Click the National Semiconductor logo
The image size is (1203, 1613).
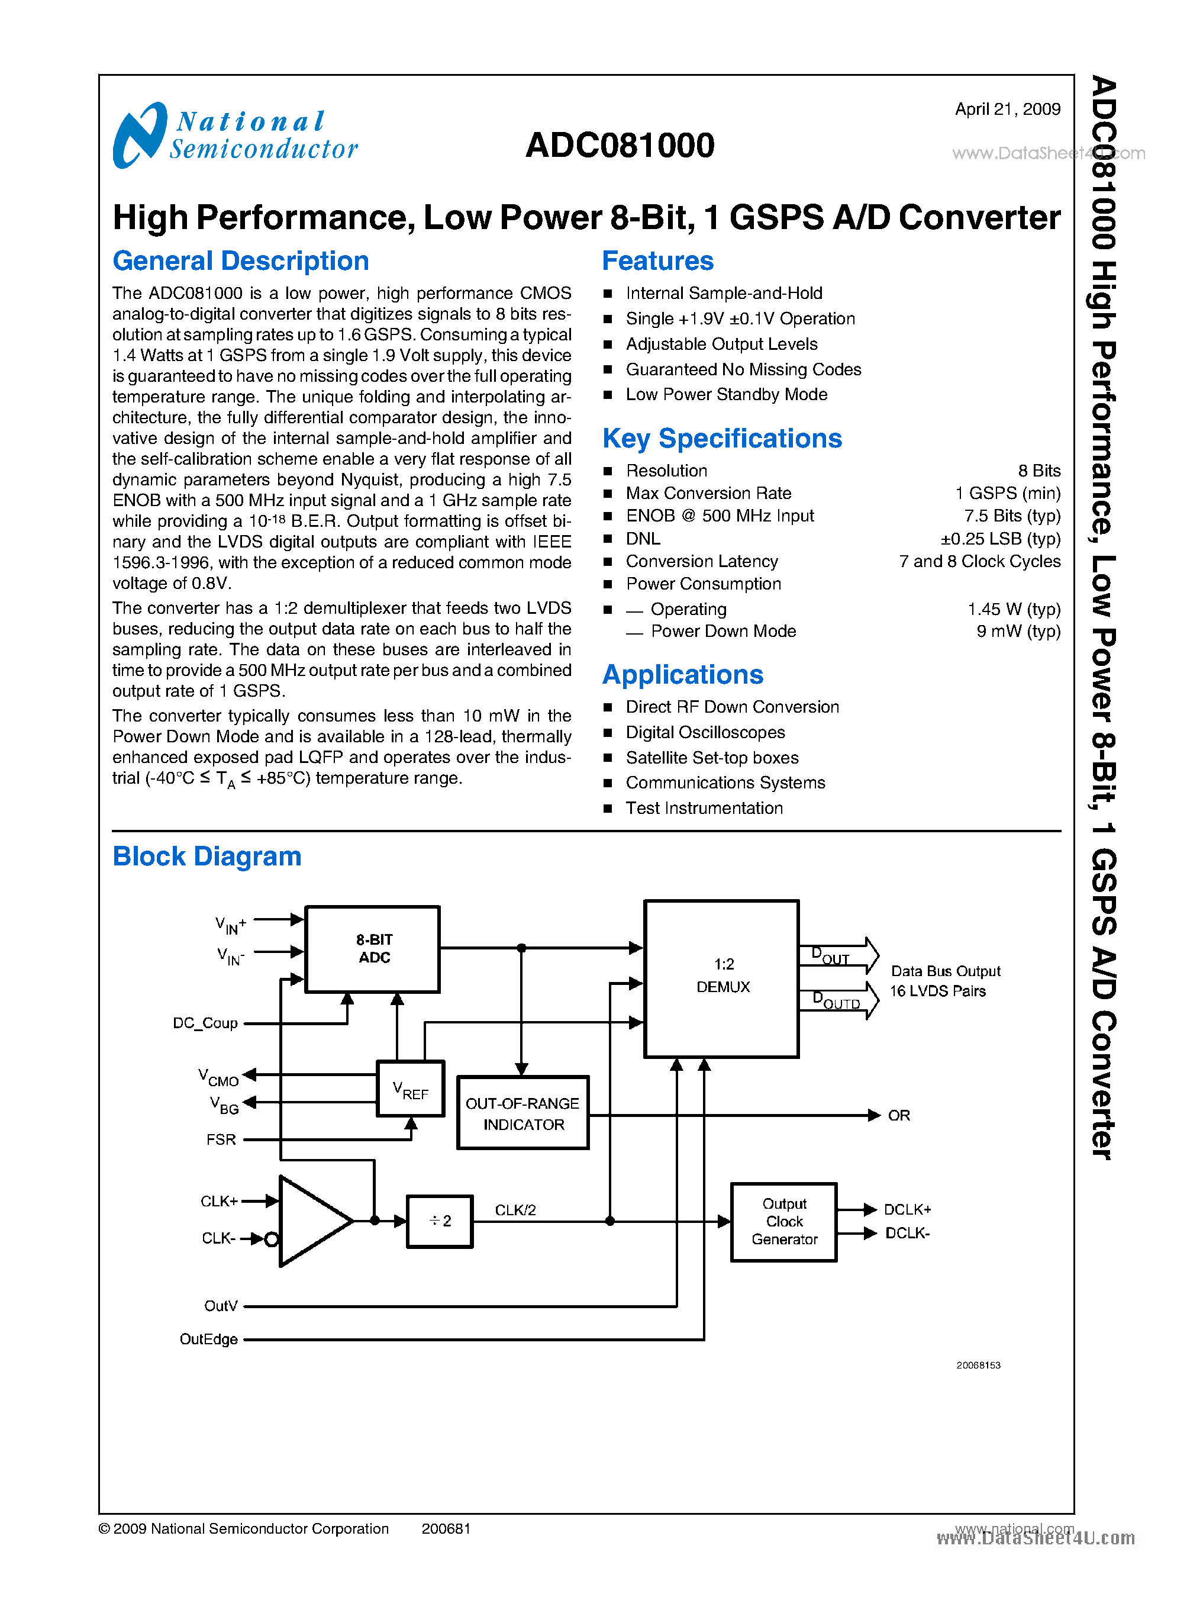pyautogui.click(x=234, y=136)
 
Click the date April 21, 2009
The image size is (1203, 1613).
pyautogui.click(x=1007, y=110)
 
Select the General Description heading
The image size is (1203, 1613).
pyautogui.click(x=240, y=261)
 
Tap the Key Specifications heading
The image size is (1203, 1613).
pyautogui.click(x=722, y=439)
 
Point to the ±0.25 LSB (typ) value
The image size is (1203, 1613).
pyautogui.click(x=1000, y=539)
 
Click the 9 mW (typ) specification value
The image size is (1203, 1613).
pyautogui.click(x=1018, y=631)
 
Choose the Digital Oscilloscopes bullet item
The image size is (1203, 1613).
pyautogui.click(x=705, y=732)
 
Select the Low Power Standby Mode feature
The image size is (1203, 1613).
pyautogui.click(x=726, y=394)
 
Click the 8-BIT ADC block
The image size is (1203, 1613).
pyautogui.click(x=373, y=949)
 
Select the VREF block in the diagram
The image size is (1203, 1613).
pyautogui.click(x=410, y=1089)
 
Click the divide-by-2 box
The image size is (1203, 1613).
pyautogui.click(x=439, y=1221)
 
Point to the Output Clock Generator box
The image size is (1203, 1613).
pyautogui.click(x=783, y=1221)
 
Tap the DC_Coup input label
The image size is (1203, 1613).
pyautogui.click(x=205, y=1023)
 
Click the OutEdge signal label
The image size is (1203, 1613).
pyautogui.click(x=208, y=1339)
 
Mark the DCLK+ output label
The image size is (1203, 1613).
pyautogui.click(x=907, y=1209)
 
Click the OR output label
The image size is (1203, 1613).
pyautogui.click(x=899, y=1115)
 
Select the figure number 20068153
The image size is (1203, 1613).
pyautogui.click(x=978, y=1366)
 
